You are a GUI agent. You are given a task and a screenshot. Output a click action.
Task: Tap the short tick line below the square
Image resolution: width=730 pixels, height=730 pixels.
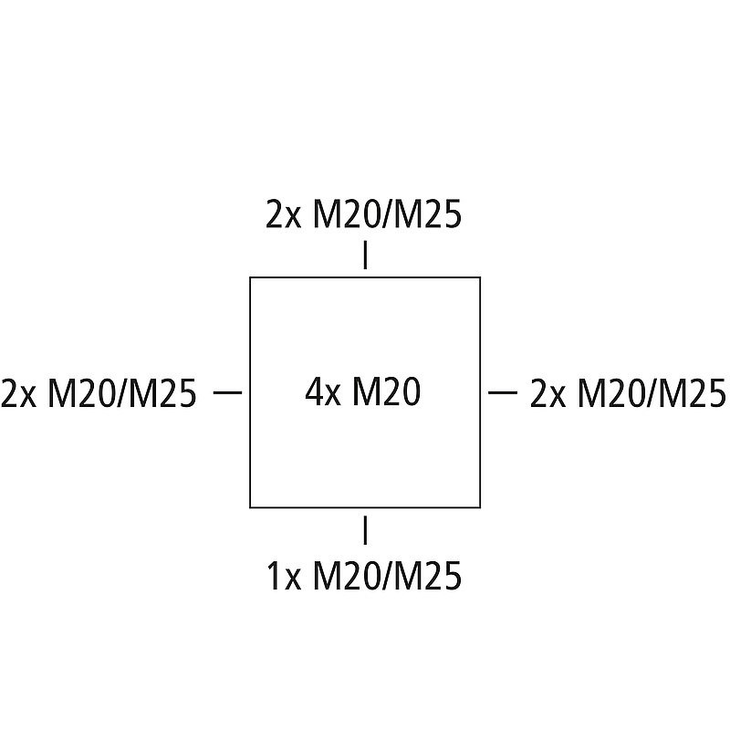pyautogui.click(x=365, y=529)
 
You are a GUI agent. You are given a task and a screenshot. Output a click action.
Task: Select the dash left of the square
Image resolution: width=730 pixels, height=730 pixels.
pyautogui.click(x=226, y=392)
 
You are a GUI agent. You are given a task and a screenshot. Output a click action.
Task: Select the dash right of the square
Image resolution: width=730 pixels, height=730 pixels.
pyautogui.click(x=503, y=392)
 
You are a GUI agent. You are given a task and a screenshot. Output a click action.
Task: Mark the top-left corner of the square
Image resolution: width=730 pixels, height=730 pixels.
pyautogui.click(x=251, y=277)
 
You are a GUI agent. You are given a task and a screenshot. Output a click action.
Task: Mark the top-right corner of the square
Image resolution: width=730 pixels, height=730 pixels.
pyautogui.click(x=480, y=277)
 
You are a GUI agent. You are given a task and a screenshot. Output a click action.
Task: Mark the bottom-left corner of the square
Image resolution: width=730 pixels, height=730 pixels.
pyautogui.click(x=251, y=506)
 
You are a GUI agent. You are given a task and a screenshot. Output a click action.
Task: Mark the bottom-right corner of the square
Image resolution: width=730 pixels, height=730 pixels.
pyautogui.click(x=480, y=506)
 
